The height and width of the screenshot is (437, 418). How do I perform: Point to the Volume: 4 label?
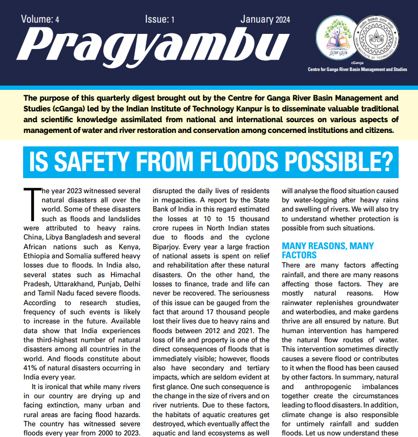(40, 20)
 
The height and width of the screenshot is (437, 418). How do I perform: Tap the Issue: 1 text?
(160, 20)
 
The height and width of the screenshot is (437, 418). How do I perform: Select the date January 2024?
(265, 20)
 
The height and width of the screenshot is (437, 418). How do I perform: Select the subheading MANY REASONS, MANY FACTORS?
(328, 250)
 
